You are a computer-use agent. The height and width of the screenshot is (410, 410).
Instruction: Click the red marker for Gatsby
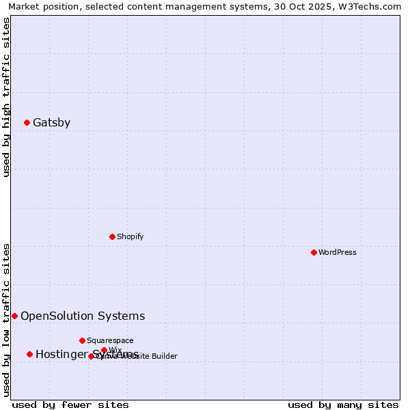27,123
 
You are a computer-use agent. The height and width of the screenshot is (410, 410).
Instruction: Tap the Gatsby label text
51,123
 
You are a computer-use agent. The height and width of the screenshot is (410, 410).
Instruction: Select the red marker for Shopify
112,236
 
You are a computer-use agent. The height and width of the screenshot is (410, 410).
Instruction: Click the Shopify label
130,236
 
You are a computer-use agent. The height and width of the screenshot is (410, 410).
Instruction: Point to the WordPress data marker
314,252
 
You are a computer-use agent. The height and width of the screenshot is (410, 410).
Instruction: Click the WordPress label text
338,252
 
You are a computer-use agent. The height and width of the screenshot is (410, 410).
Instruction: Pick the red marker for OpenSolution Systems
14,316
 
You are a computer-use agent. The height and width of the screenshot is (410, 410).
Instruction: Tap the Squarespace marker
82,340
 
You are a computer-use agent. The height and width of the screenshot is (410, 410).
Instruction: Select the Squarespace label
110,340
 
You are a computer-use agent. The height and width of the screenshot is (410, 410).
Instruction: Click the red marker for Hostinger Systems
29,354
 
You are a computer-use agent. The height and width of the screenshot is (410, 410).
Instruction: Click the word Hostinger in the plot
62,354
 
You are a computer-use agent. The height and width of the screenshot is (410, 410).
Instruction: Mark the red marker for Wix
104,350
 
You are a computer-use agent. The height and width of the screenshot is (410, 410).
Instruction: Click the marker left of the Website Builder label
91,356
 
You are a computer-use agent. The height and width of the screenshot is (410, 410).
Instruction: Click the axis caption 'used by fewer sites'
70,405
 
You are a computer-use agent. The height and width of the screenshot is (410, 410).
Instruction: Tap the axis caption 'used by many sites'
343,405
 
